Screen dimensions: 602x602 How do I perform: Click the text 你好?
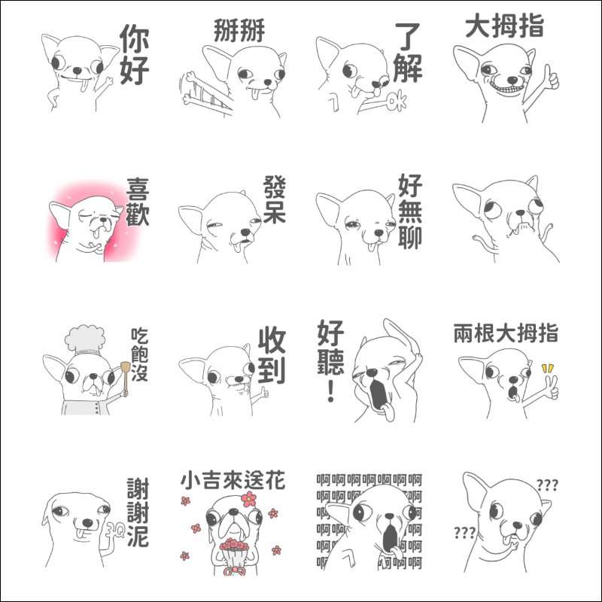(x=135, y=54)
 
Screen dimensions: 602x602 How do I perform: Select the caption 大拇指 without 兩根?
(x=504, y=26)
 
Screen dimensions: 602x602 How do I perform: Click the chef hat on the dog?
(x=85, y=340)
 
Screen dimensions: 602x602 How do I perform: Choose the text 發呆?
(x=275, y=199)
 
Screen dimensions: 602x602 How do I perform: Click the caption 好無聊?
(x=410, y=211)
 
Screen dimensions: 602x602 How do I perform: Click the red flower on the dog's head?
(x=249, y=499)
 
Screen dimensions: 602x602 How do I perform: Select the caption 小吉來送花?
(x=233, y=481)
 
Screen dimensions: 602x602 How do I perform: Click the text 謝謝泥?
(x=138, y=512)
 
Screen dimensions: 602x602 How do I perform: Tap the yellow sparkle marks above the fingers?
(x=548, y=368)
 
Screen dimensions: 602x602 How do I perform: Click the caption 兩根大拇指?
(x=506, y=333)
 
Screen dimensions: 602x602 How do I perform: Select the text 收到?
(x=272, y=355)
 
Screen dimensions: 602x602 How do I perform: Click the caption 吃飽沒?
(x=139, y=354)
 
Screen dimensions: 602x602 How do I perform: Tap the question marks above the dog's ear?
(x=547, y=485)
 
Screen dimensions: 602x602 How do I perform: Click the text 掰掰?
(x=239, y=30)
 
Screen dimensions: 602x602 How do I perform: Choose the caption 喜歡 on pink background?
(x=138, y=201)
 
